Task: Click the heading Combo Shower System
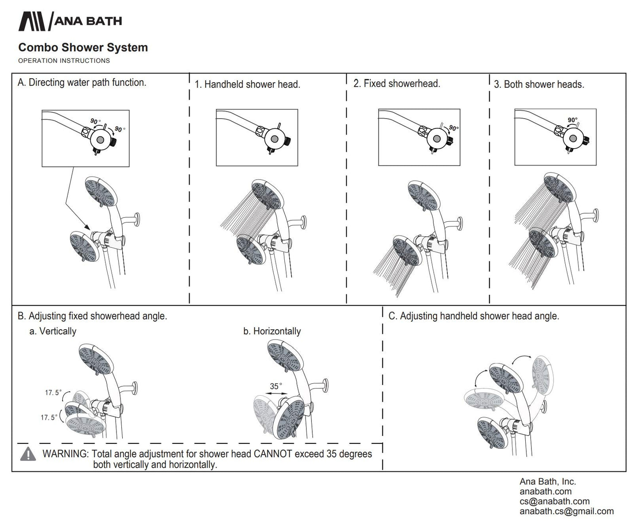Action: point(83,47)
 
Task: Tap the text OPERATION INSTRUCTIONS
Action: point(64,61)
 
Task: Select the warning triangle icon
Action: point(28,454)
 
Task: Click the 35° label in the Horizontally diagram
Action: point(276,386)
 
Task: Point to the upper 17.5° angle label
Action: point(53,393)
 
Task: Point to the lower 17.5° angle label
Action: point(49,417)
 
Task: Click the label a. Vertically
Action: point(53,331)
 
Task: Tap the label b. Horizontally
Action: point(272,331)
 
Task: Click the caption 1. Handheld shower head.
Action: point(248,84)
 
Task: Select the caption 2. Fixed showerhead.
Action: point(397,84)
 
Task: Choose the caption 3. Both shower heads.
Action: point(539,84)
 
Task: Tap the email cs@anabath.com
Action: point(555,501)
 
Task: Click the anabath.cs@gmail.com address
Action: point(566,511)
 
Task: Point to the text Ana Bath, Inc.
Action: point(547,482)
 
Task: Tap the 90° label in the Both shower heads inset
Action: point(572,120)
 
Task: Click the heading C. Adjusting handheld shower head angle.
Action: point(473,316)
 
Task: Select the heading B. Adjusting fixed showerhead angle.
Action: point(92,316)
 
